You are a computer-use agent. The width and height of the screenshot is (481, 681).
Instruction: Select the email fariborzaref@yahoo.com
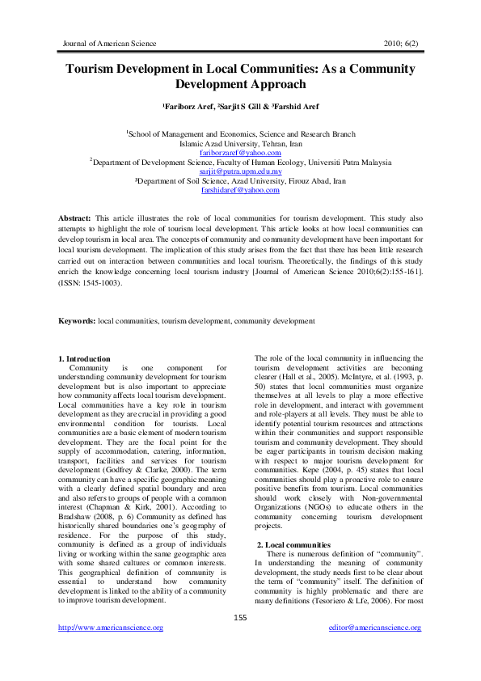pos(240,152)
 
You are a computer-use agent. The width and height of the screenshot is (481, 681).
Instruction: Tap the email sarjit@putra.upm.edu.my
pos(240,171)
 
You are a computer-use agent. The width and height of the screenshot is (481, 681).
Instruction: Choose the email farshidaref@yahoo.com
pos(240,190)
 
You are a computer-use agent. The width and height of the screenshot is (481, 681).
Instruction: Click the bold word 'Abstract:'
pos(75,219)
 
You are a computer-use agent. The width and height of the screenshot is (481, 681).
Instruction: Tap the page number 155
pos(240,618)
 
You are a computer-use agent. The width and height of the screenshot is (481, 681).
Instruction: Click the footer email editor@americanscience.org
pos(375,628)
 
